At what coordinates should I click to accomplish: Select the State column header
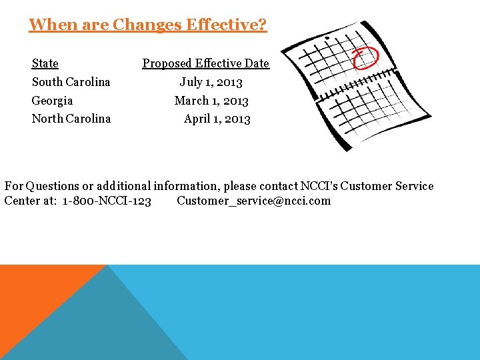click(45, 63)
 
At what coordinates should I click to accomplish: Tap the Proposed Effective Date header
click(205, 63)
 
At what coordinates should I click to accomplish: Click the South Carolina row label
click(71, 82)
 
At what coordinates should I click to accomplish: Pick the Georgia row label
click(52, 101)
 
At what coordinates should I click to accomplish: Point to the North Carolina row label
click(71, 119)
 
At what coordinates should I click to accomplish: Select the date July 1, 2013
click(211, 82)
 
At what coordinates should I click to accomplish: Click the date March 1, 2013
click(211, 101)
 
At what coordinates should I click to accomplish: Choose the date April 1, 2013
click(217, 119)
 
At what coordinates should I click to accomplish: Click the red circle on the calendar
click(365, 57)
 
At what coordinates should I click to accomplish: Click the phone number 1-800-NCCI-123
click(107, 201)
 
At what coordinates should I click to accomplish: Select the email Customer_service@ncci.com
click(253, 201)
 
